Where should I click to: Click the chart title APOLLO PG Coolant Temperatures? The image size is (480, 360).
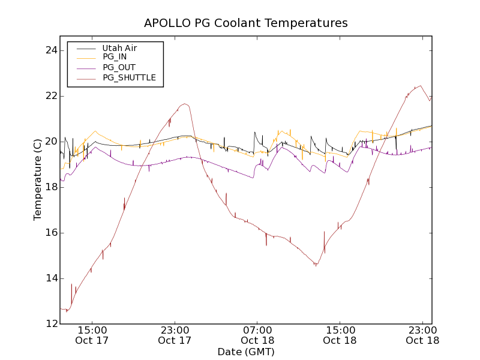246,23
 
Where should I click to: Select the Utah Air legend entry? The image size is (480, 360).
119,48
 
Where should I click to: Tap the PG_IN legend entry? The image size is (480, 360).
115,57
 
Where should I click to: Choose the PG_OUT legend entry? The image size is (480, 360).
119,67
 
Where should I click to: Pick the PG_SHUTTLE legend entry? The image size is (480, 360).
129,77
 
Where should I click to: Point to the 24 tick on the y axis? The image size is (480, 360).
50,50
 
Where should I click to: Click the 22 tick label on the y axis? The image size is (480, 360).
50,96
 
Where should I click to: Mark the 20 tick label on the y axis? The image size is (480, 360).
50,142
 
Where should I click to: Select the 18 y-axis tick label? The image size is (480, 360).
50,187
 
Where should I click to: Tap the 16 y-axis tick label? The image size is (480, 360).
50,233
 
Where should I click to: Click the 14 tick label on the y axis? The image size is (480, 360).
50,278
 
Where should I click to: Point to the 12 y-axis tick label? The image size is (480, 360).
50,324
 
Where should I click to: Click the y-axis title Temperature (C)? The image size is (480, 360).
38,179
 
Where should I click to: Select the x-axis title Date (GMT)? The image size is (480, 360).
246,352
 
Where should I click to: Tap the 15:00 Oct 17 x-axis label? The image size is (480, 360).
92,335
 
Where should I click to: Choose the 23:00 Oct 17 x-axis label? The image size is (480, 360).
175,335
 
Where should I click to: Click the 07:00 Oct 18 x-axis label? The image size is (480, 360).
257,335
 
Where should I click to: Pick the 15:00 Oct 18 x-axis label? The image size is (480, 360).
340,335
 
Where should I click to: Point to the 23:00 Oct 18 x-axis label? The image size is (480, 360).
422,335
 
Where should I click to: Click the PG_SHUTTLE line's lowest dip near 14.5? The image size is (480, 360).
316,265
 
